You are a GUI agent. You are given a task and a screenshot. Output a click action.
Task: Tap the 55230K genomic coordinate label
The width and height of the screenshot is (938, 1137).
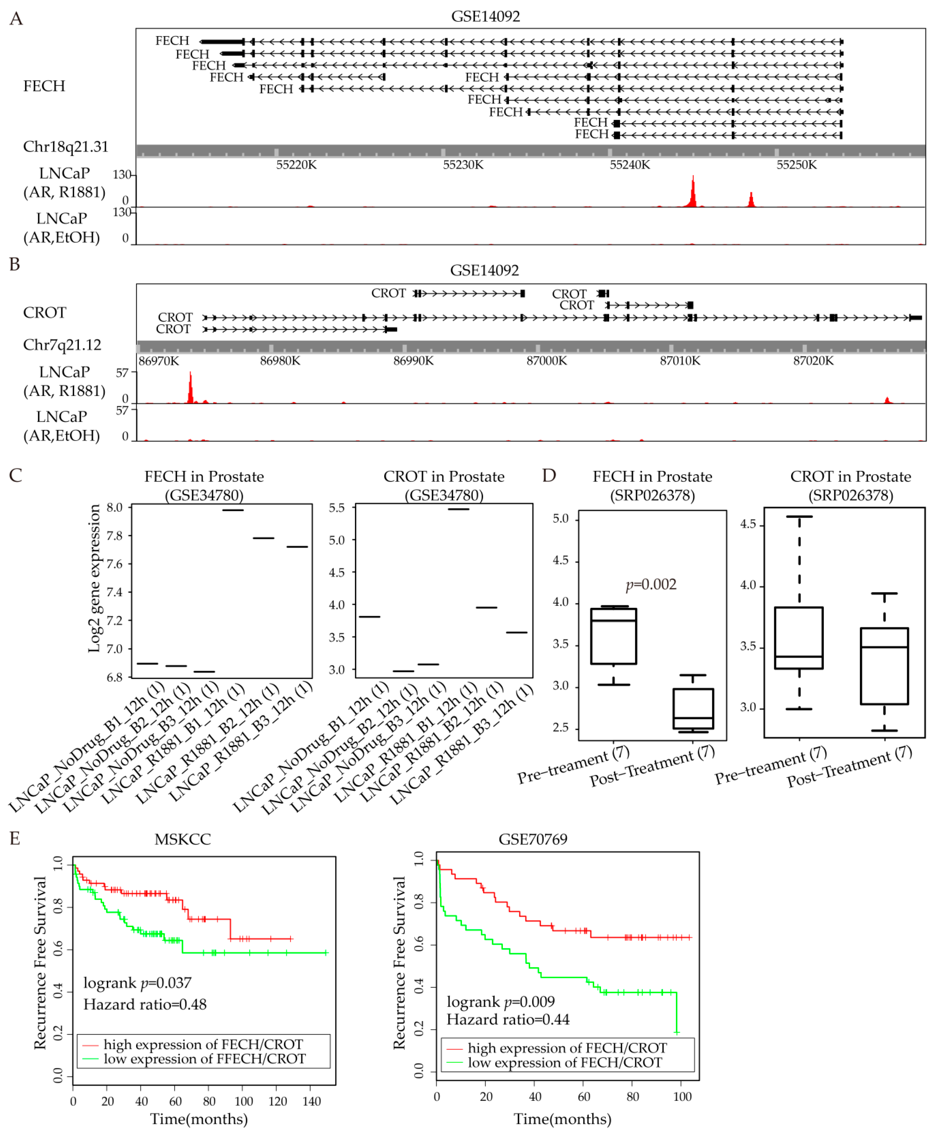[463, 165]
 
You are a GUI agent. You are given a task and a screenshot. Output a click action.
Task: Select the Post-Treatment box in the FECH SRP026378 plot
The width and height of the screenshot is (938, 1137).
[693, 709]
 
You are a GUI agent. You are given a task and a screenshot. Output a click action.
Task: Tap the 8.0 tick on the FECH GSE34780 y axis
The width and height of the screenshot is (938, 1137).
[114, 508]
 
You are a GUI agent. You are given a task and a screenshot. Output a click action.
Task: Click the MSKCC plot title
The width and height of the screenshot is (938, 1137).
[183, 839]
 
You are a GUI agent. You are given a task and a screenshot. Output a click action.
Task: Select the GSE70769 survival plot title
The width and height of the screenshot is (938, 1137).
[533, 839]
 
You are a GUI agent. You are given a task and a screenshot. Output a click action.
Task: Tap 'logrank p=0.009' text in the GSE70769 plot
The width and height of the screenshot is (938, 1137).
[500, 1002]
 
